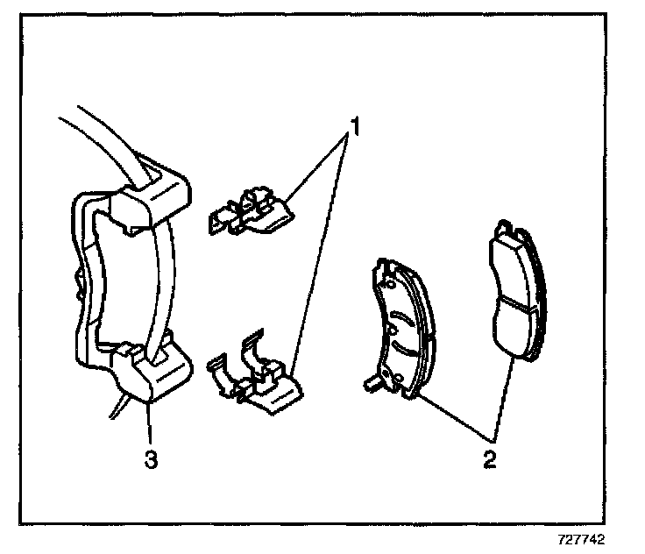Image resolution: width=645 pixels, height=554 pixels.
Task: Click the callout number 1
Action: (353, 128)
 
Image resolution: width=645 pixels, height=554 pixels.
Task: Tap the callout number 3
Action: (151, 458)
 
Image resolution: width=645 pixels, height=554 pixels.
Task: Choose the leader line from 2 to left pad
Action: (452, 416)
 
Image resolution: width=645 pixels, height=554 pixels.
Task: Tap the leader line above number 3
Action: (150, 426)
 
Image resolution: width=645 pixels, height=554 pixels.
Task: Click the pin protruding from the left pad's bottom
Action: (371, 382)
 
